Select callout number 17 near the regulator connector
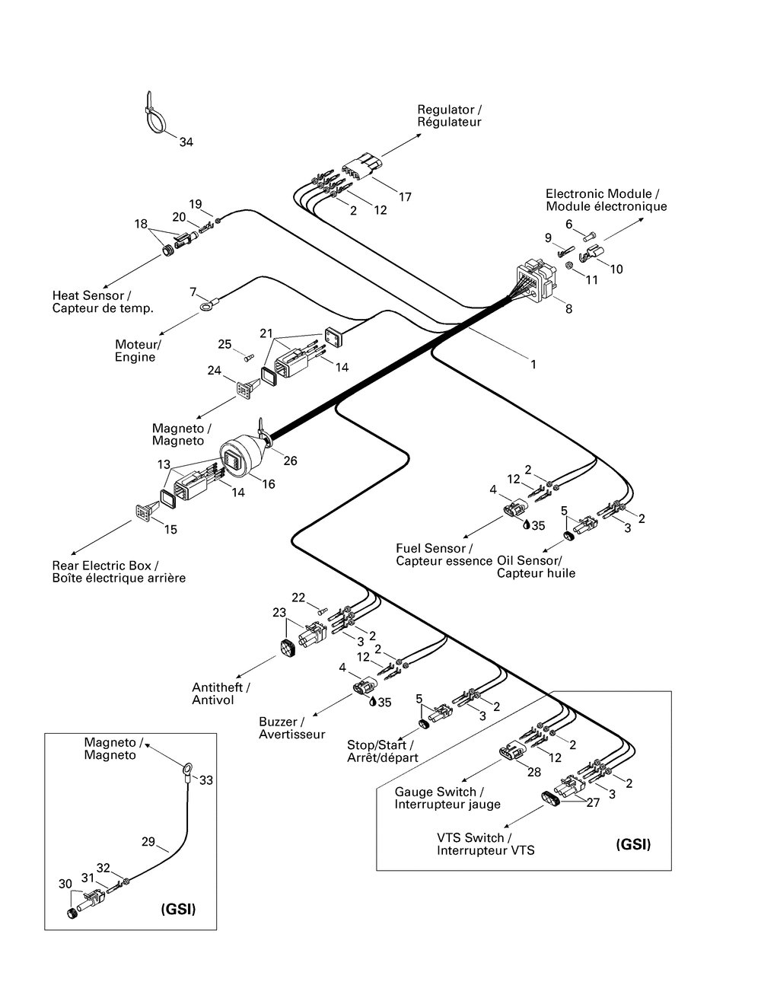[x=405, y=197]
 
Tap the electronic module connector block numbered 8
[x=534, y=282]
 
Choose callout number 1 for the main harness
[x=533, y=365]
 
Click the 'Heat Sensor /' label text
[x=91, y=295]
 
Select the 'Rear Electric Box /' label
[x=105, y=566]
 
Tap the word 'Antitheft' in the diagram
[x=218, y=687]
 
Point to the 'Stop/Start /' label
[x=380, y=745]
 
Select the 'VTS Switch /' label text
[x=475, y=837]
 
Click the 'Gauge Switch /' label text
[x=435, y=792]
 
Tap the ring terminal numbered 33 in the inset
[x=183, y=773]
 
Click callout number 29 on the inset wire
[x=149, y=842]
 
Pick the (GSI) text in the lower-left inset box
[x=178, y=909]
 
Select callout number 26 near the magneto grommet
[x=290, y=461]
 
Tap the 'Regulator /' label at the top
[x=449, y=110]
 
